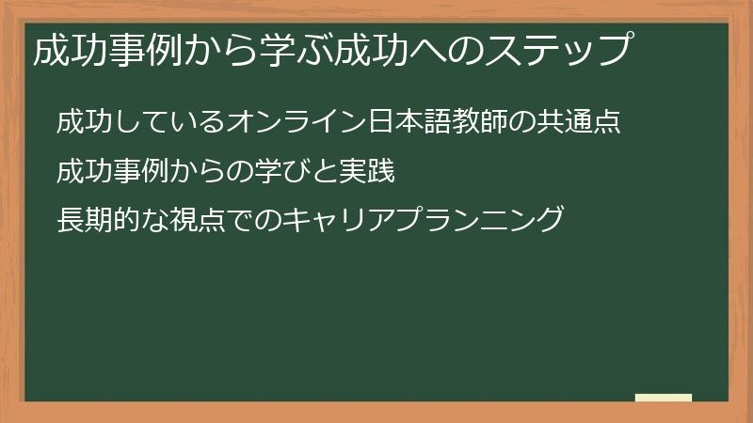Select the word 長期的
[x=91, y=222]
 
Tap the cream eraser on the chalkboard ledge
[x=664, y=399]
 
